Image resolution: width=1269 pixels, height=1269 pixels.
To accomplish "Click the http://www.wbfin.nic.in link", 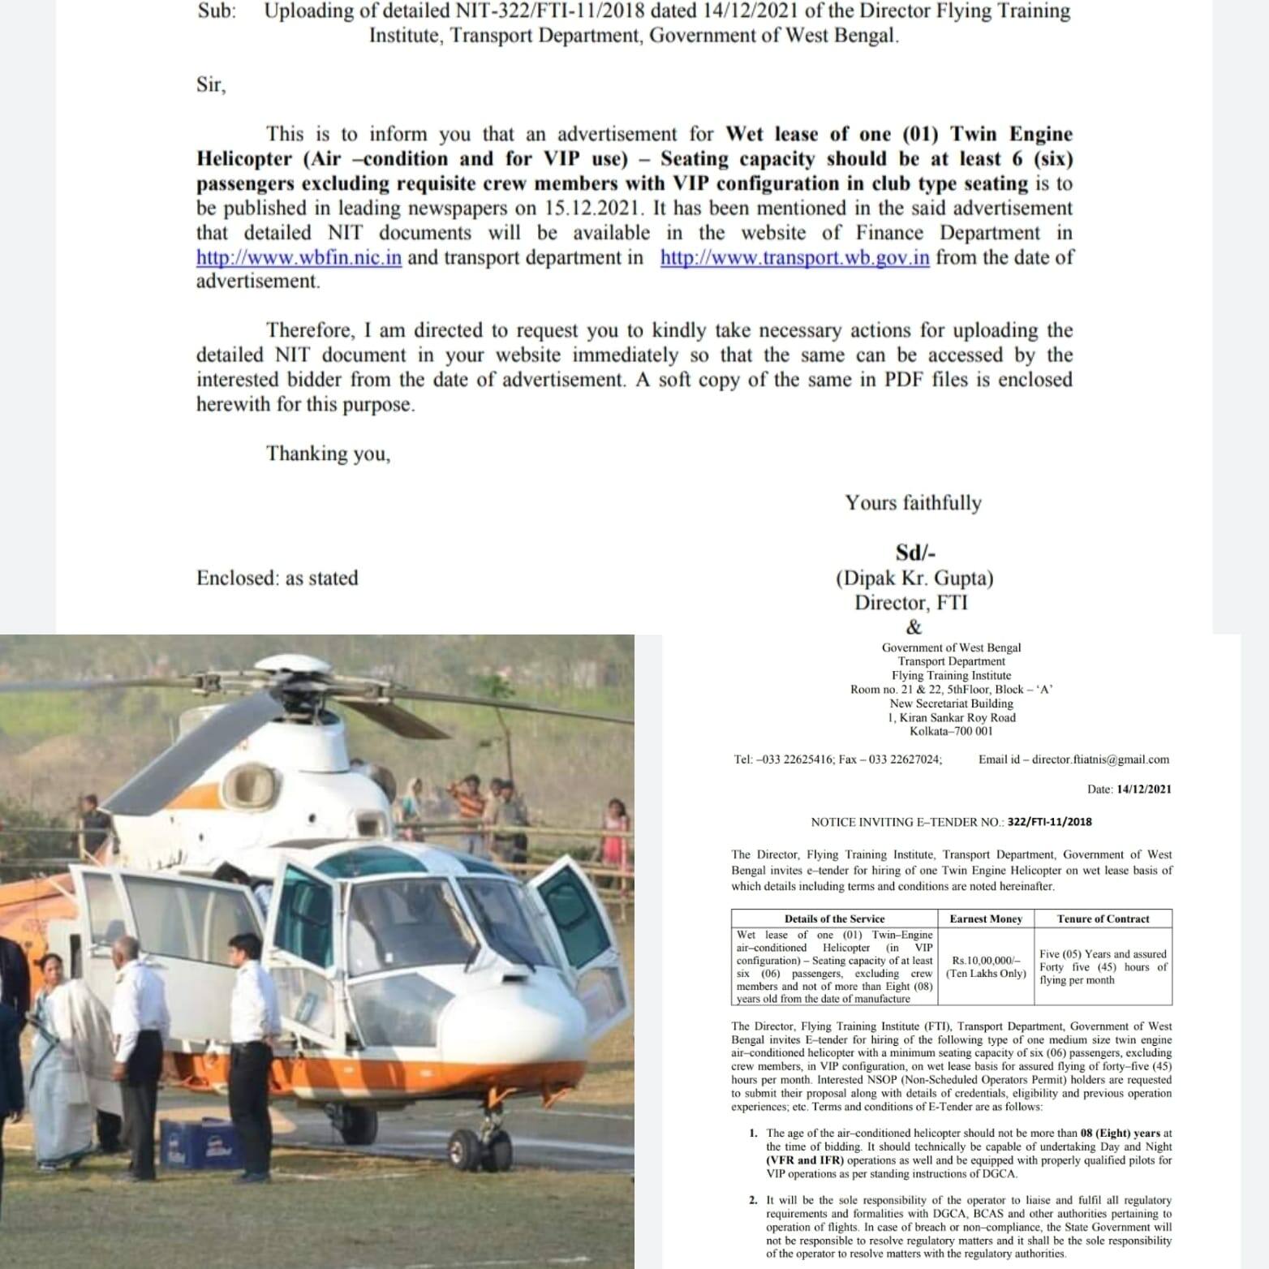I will [x=299, y=258].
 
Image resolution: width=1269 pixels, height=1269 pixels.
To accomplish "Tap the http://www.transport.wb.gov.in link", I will [x=794, y=258].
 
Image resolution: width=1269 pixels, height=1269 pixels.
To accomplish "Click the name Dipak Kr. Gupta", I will [x=914, y=578].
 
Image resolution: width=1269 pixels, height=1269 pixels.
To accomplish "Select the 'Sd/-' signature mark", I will [x=915, y=553].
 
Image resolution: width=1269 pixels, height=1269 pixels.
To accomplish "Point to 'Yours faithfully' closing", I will [x=913, y=503].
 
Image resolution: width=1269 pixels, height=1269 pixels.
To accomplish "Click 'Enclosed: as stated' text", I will [x=277, y=578].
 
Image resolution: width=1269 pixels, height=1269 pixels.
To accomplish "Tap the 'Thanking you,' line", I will [x=328, y=454].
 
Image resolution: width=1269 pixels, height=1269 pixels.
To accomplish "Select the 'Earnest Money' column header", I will [x=986, y=918].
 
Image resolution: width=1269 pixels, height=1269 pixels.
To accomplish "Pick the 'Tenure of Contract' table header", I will [x=1103, y=918].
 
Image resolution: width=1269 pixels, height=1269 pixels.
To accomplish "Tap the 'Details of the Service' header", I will [x=834, y=918].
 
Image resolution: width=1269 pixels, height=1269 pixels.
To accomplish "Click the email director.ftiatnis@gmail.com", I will [x=1100, y=759].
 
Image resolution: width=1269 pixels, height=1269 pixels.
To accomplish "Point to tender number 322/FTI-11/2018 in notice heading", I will [x=1049, y=821].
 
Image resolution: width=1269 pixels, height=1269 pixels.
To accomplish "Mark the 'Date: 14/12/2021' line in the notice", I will [x=1129, y=789].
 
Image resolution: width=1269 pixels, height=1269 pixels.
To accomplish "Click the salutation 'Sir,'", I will [x=211, y=85].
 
